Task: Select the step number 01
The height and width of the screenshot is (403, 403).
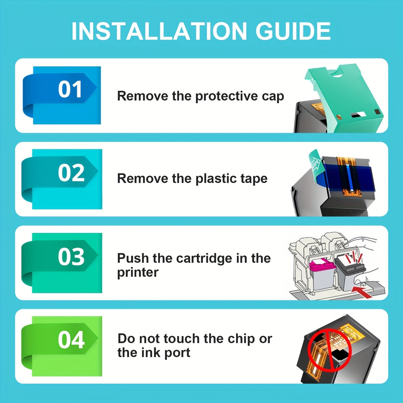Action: (x=70, y=89)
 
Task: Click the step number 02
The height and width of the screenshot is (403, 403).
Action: (x=71, y=173)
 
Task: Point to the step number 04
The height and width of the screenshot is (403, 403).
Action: (x=71, y=340)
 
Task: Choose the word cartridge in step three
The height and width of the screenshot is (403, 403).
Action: (x=204, y=259)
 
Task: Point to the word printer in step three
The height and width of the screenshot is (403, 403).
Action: (x=137, y=273)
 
